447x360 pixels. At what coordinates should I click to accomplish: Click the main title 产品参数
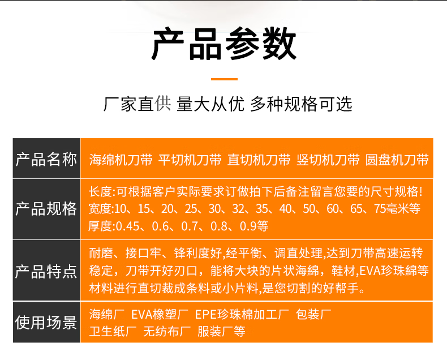tap(224, 44)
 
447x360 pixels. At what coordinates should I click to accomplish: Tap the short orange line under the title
tap(224, 79)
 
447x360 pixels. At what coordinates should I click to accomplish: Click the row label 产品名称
tap(46, 159)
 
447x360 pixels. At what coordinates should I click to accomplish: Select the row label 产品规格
tap(46, 209)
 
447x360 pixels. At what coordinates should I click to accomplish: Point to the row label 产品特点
tap(46, 271)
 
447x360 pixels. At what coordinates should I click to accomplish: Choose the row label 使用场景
tap(46, 322)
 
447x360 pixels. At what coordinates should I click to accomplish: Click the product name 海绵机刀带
tap(121, 160)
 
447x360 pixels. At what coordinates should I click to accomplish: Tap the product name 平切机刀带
tap(190, 160)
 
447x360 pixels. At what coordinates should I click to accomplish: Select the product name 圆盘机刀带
tap(397, 160)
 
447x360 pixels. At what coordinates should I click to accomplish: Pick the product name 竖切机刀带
tap(328, 160)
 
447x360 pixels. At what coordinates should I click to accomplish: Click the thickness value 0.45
tap(128, 226)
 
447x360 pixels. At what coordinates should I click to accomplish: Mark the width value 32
tap(239, 209)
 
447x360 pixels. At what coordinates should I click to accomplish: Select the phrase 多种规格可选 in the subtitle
tap(301, 104)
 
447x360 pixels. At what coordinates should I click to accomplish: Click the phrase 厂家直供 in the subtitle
tap(137, 104)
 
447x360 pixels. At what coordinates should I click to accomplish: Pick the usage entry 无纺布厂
tap(167, 332)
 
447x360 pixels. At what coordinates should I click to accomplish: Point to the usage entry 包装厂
tap(313, 314)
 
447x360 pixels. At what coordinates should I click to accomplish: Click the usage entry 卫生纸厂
tap(113, 332)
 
